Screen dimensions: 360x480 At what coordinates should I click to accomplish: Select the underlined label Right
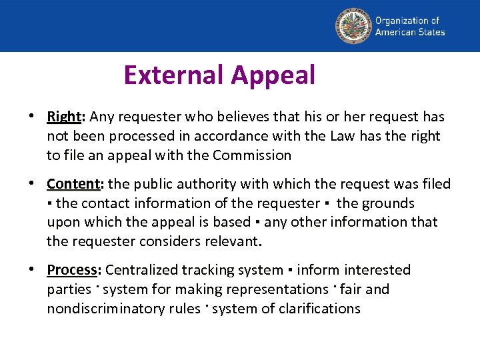pos(63,117)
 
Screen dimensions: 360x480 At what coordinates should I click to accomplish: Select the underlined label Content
pos(73,184)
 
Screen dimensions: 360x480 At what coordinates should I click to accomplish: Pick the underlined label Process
pos(72,270)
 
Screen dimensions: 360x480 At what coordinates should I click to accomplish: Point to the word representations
pos(277,289)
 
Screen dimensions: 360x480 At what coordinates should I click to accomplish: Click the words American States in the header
pos(409,31)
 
